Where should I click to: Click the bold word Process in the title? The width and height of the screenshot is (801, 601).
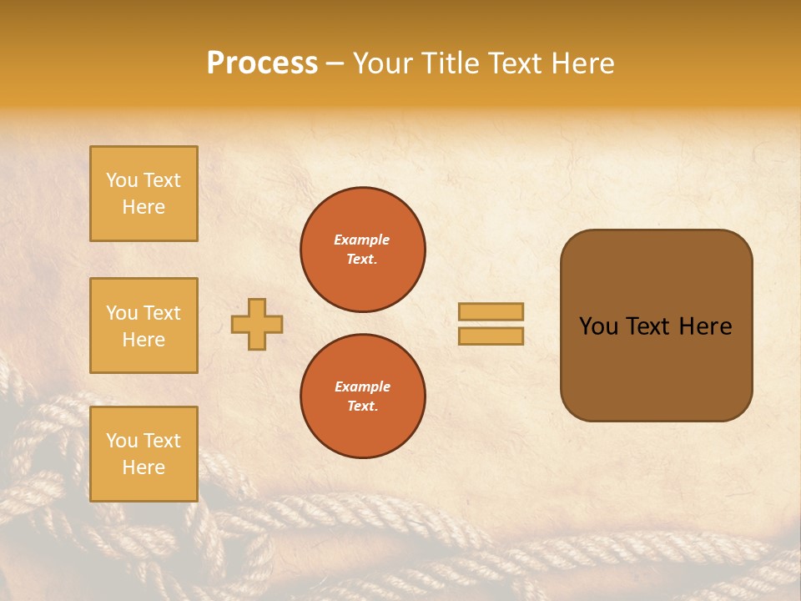tap(262, 63)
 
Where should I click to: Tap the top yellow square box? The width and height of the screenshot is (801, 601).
tap(144, 194)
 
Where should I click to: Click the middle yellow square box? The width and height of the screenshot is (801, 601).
tap(144, 326)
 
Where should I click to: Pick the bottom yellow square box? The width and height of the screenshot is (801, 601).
tap(144, 454)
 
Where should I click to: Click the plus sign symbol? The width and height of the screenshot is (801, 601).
tap(257, 324)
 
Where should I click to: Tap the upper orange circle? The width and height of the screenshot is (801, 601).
tap(362, 250)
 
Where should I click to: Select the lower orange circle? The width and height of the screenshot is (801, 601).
tap(362, 396)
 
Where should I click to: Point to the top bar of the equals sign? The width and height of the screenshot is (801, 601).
tap(491, 312)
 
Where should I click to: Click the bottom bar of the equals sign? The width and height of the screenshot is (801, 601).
tap(491, 336)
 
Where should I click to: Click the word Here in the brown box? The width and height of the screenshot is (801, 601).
tap(705, 326)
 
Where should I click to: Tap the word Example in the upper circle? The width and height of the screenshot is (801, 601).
tap(362, 240)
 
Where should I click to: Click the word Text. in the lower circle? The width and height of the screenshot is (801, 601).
tap(362, 406)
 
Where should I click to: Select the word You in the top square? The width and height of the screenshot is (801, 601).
tap(122, 180)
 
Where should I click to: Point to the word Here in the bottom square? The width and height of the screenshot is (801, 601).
tap(144, 467)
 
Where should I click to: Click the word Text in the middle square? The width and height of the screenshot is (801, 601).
tap(161, 313)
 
